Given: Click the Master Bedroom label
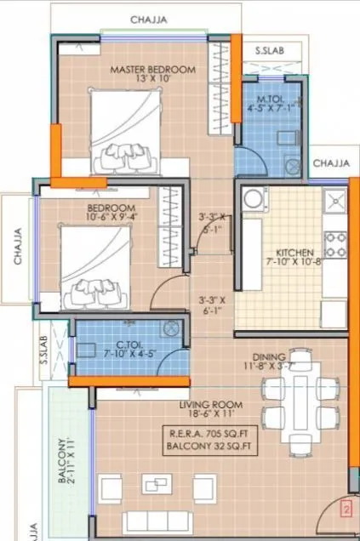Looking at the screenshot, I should click(154, 69).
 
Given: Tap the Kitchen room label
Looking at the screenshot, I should click(295, 253).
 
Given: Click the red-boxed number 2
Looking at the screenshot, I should click(346, 510).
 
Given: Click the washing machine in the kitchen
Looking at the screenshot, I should click(253, 201).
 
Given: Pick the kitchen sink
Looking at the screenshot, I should click(335, 202).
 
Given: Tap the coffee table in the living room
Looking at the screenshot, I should click(154, 485).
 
